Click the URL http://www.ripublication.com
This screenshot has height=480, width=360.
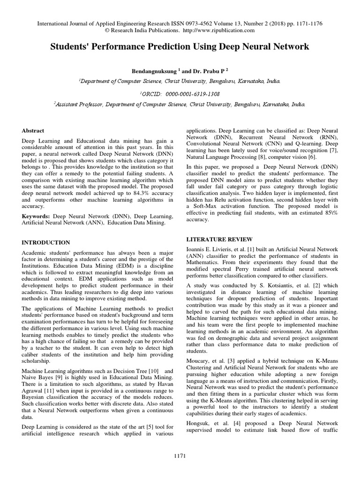coord(218,30)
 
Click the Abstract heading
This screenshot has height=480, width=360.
coord(33,131)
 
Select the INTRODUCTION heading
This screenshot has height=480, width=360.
coord(46,242)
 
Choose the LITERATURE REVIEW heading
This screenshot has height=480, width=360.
coord(220,239)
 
